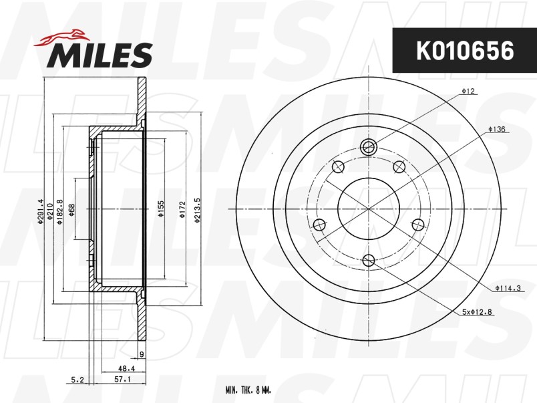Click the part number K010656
pos(465,50)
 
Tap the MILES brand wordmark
pos(100,55)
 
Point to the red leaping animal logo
pos(61,37)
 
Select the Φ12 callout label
pos(468,91)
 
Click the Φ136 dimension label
pos(497,130)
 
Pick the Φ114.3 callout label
pos(508,288)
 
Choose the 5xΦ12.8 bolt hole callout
pos(477,312)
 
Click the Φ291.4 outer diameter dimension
pos(41,211)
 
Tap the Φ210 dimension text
pos(49,212)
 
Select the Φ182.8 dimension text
pos(60,212)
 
